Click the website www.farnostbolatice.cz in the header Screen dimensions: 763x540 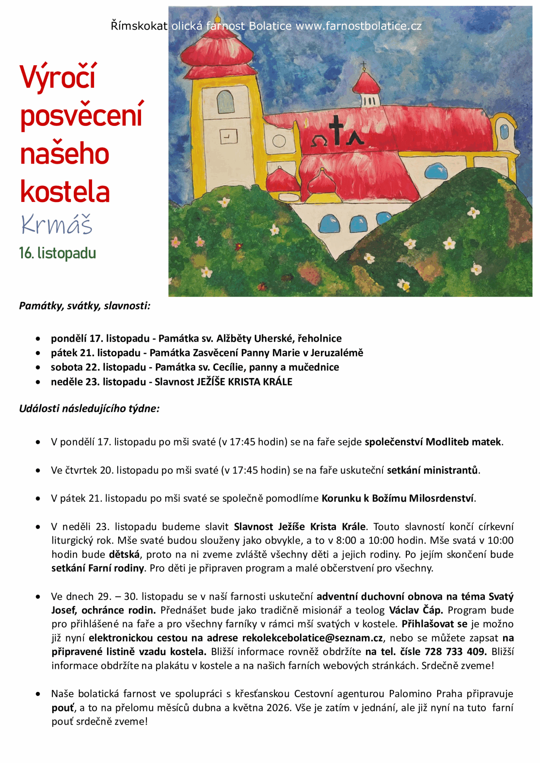click(x=358, y=26)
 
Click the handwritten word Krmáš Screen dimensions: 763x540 click(x=57, y=225)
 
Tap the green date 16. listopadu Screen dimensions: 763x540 click(x=58, y=253)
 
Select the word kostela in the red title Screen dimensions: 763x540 click(x=65, y=191)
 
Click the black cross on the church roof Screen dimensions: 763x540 click(x=337, y=130)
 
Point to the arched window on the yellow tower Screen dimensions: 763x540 click(x=225, y=102)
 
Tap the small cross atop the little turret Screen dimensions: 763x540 click(x=364, y=66)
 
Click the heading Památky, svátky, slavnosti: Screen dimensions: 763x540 click(x=85, y=306)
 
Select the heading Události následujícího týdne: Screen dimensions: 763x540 click(x=90, y=409)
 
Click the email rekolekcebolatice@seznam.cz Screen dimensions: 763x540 click(x=313, y=638)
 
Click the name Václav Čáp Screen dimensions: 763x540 click(x=416, y=610)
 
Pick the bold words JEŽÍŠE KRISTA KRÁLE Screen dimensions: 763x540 click(x=244, y=382)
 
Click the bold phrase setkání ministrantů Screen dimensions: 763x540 click(x=432, y=470)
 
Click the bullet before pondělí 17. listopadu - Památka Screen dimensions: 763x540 click(x=38, y=339)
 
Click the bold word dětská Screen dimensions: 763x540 click(x=124, y=554)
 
